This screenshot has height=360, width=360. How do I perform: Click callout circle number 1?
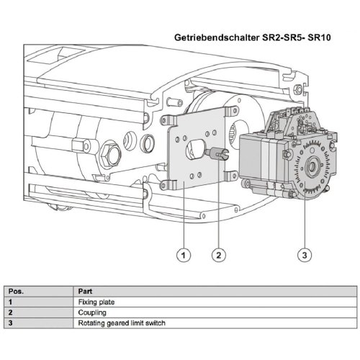click(184, 254)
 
